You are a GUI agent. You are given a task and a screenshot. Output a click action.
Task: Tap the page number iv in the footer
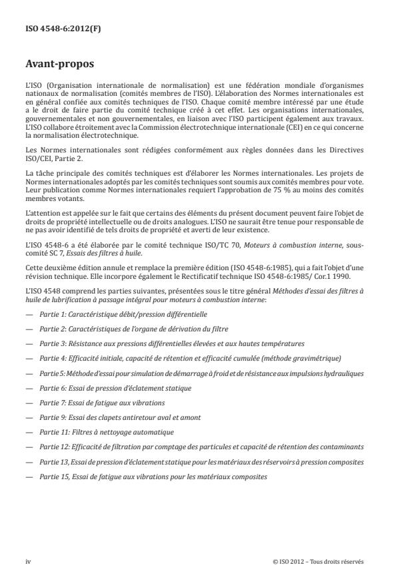coord(29,561)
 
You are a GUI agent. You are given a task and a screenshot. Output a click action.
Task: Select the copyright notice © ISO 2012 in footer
coord(318,561)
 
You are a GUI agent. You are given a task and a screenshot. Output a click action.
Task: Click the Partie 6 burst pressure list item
coord(115,389)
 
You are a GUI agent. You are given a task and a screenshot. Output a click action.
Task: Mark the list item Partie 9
coord(120,419)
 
